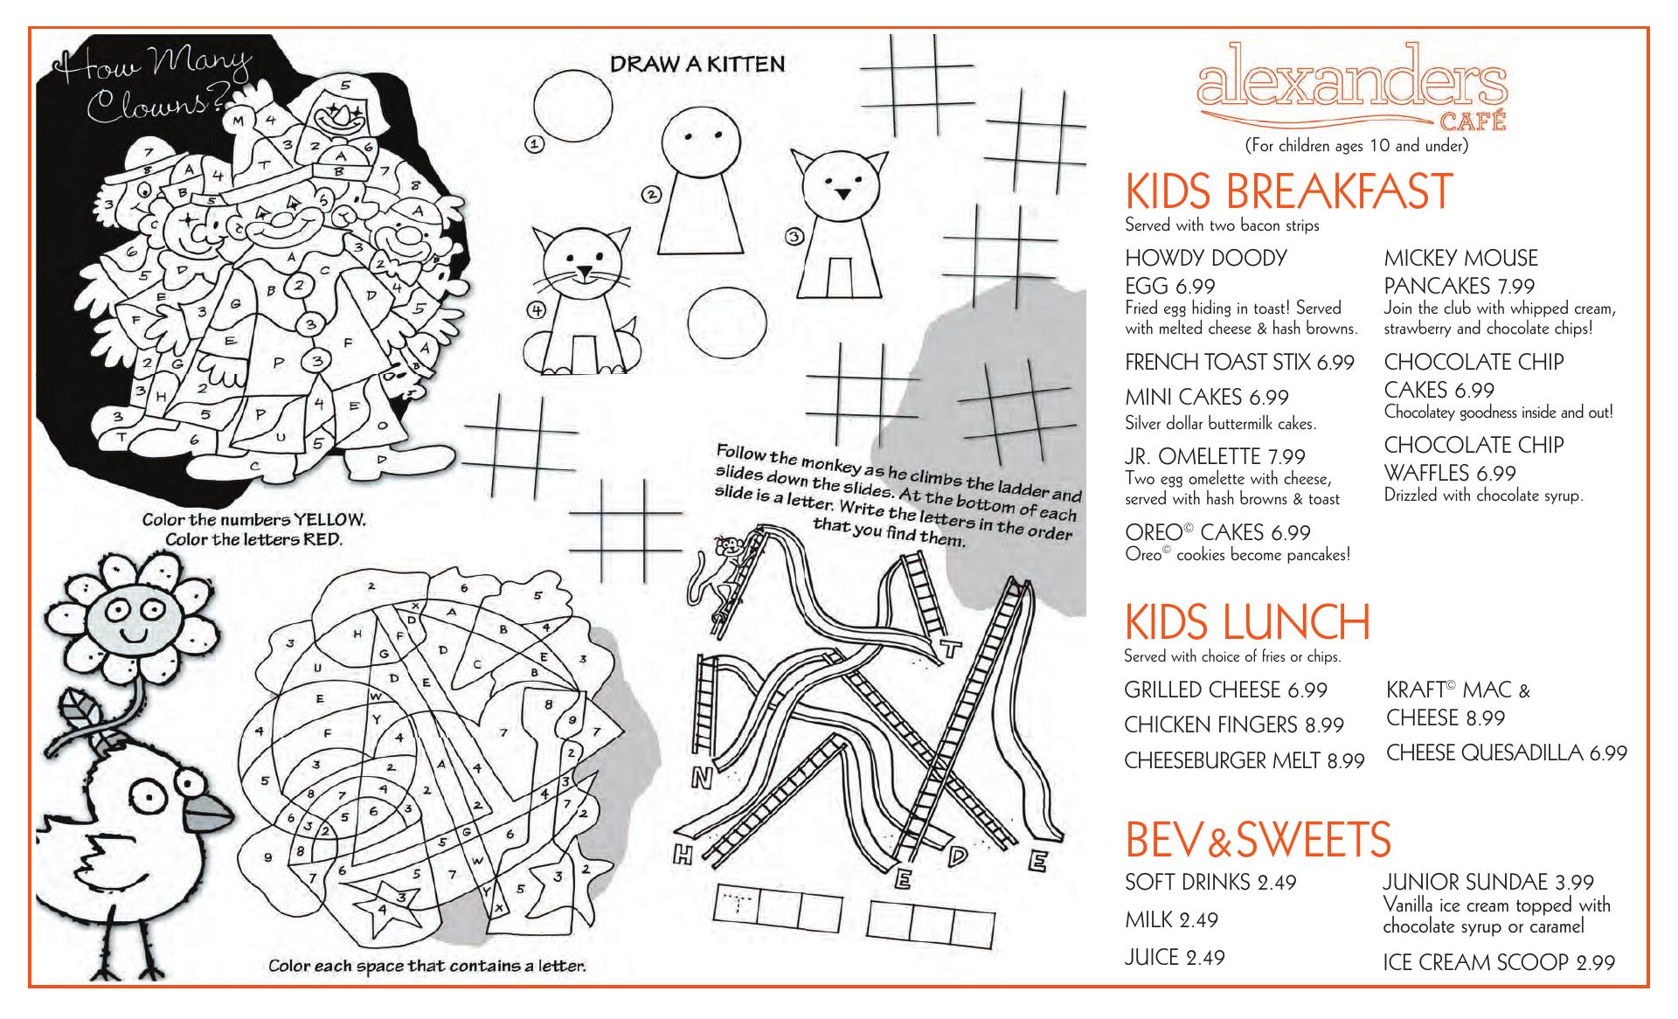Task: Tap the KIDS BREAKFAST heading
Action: [x=1289, y=192]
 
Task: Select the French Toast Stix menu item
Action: [x=1239, y=363]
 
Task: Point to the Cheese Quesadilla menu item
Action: [x=1507, y=753]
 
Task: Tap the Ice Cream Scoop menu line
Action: [x=1498, y=963]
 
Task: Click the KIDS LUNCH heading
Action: [x=1247, y=622]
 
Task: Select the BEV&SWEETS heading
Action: [x=1258, y=840]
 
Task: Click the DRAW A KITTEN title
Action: [x=697, y=64]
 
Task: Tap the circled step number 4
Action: [x=536, y=309]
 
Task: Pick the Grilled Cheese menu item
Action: [x=1225, y=690]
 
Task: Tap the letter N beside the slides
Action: [x=703, y=776]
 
